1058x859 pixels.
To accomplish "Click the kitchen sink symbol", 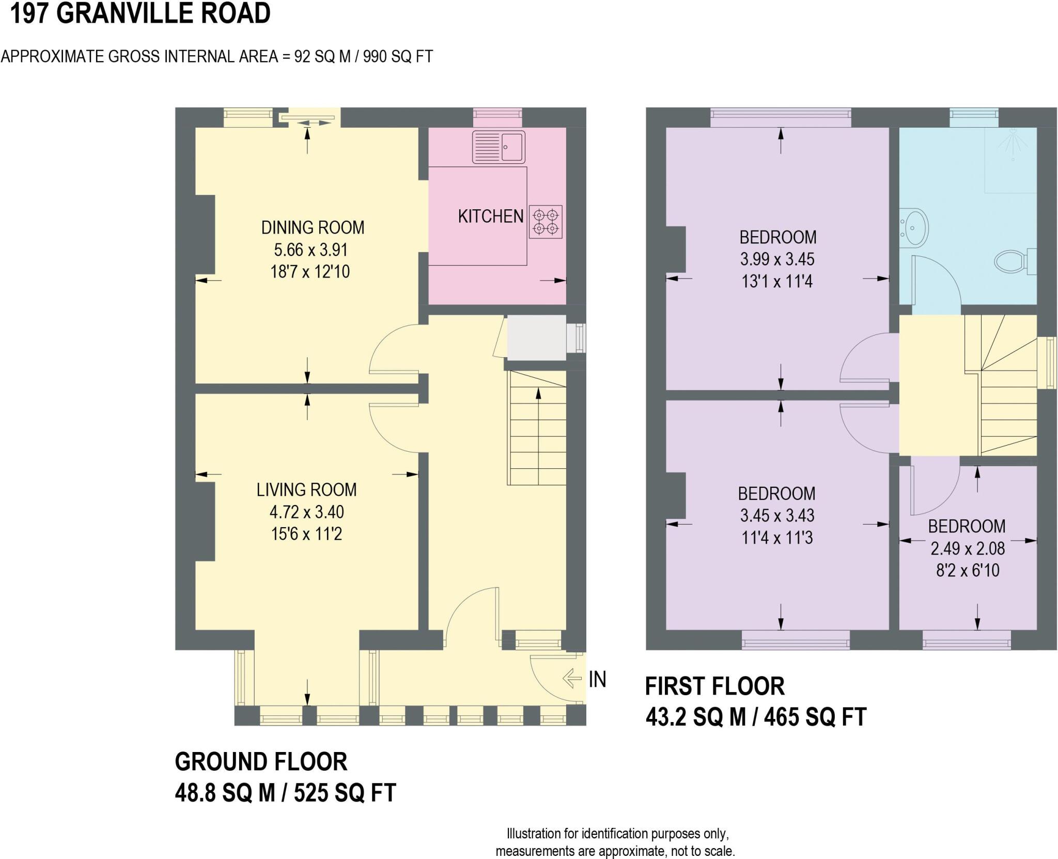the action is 499,147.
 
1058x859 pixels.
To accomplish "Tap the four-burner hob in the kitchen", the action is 546,222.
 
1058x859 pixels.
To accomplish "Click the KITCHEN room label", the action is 491,217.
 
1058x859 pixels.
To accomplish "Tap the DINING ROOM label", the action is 313,227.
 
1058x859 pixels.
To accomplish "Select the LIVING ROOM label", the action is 306,489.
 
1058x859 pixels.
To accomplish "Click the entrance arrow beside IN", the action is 572,678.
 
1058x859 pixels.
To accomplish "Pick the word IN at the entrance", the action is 598,679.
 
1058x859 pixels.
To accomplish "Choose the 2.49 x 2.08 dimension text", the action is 968,548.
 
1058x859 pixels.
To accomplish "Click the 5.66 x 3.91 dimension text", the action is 310,250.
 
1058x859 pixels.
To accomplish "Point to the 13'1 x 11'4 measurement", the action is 777,282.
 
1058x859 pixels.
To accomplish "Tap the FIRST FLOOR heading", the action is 715,686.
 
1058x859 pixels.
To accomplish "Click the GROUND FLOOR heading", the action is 261,762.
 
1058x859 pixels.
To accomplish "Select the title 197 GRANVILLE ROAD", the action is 140,13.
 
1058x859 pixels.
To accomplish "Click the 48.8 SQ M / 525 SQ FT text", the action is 285,793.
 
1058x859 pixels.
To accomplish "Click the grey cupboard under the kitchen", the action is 537,338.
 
